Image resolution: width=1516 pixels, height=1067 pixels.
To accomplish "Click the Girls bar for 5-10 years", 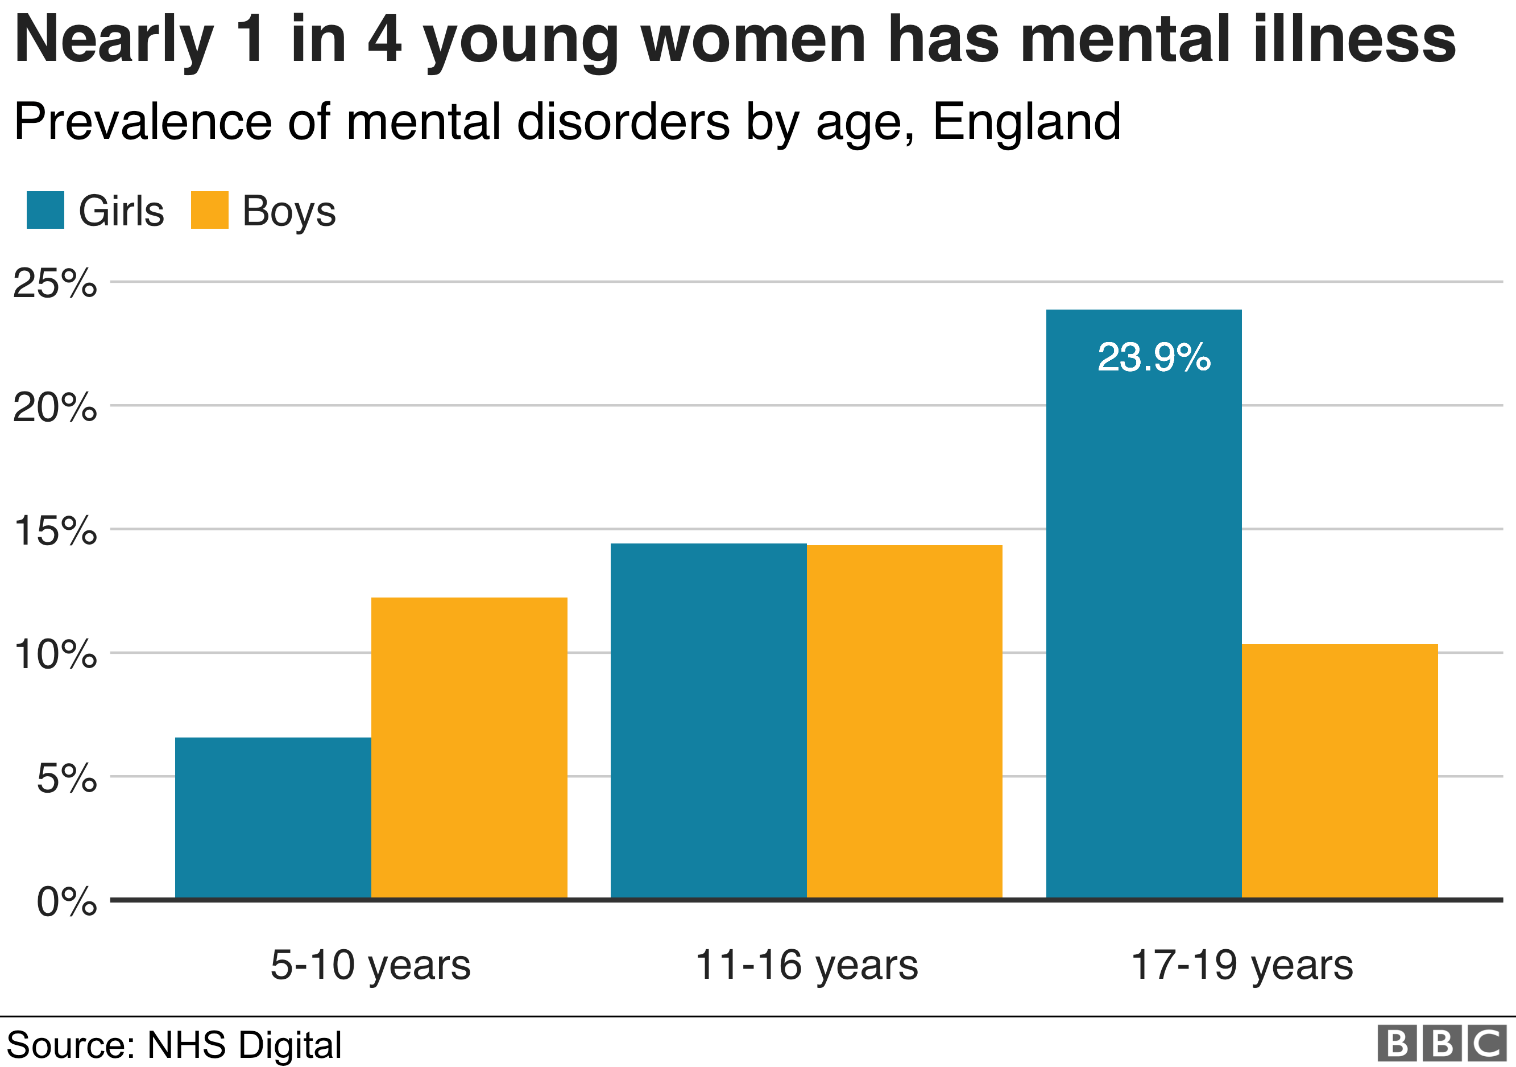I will [273, 817].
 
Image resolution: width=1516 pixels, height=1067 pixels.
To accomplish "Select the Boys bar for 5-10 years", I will [469, 747].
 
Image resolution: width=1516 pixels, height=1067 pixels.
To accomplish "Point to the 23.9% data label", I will [1154, 357].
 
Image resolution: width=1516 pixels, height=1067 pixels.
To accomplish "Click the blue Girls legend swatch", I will [45, 210].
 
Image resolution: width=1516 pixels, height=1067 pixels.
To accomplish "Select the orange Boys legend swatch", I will [209, 210].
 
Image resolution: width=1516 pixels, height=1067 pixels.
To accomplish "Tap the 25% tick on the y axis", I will [55, 283].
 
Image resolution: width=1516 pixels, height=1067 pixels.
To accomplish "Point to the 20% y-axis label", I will [55, 407].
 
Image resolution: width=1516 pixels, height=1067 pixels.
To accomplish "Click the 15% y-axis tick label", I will [55, 530].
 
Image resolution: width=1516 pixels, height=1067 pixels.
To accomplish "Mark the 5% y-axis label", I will [66, 778].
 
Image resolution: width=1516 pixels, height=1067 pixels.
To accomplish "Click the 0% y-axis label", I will [66, 901].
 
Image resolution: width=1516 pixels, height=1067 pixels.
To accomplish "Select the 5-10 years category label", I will [370, 965].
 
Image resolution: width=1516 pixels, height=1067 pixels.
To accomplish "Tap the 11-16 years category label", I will [806, 965].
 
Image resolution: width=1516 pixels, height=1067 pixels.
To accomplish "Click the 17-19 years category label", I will [1241, 965].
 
